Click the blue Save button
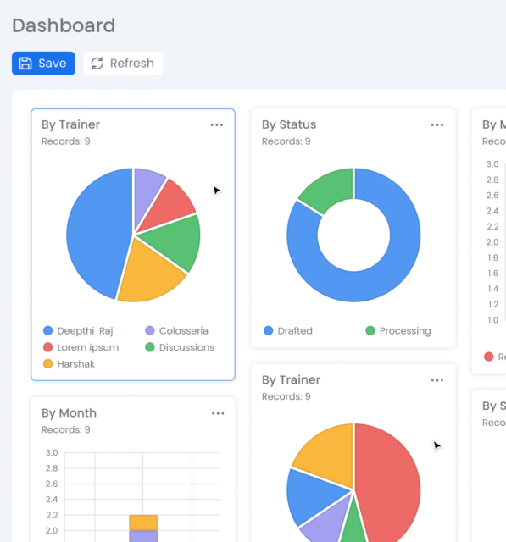pyautogui.click(x=43, y=64)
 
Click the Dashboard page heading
pyautogui.click(x=64, y=25)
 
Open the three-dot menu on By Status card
pyautogui.click(x=436, y=125)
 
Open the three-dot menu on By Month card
pyautogui.click(x=218, y=413)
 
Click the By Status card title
pyautogui.click(x=289, y=124)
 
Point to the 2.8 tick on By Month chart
pyautogui.click(x=52, y=468)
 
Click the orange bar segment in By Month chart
pyautogui.click(x=143, y=522)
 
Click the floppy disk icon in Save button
pyautogui.click(x=25, y=64)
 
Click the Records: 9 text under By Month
pyautogui.click(x=66, y=429)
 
